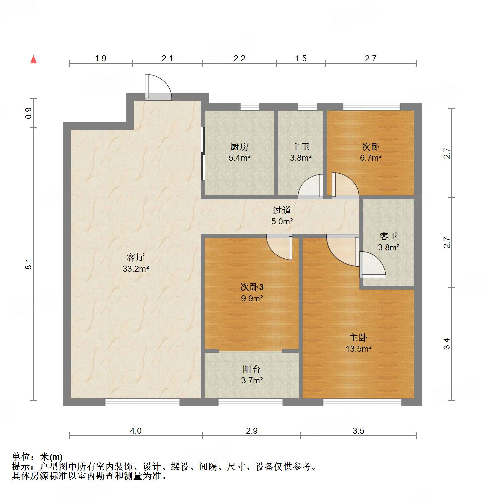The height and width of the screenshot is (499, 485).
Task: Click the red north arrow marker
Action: click(x=33, y=59)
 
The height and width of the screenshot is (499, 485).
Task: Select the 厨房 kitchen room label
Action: click(x=239, y=147)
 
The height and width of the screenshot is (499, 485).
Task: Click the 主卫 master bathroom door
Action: click(x=310, y=187)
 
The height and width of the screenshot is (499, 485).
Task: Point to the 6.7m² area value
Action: click(x=370, y=158)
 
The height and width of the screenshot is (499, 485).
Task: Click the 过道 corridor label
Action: click(x=282, y=210)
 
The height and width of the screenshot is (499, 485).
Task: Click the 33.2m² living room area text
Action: click(x=135, y=269)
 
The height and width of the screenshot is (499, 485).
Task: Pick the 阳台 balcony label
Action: click(x=251, y=369)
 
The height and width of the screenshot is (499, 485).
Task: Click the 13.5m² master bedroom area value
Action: click(x=358, y=349)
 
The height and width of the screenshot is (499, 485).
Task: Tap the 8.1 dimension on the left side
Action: click(x=29, y=264)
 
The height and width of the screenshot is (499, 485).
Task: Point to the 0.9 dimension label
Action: click(x=29, y=113)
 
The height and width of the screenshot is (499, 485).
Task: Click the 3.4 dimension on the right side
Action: click(x=447, y=344)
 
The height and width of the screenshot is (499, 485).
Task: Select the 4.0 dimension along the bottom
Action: click(x=135, y=431)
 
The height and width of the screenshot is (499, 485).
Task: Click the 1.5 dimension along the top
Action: click(x=301, y=58)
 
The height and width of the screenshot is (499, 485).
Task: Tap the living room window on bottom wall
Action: click(x=142, y=402)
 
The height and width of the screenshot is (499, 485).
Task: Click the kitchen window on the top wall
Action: click(x=250, y=107)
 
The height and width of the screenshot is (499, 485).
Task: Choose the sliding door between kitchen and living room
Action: click(x=203, y=154)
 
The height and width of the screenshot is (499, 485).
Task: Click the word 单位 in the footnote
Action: click(x=21, y=456)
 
